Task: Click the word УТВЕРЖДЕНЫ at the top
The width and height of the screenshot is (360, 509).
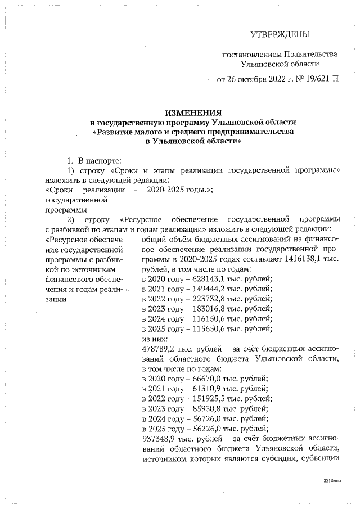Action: coord(280,35)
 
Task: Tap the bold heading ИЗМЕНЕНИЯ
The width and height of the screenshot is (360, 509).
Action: coord(193,112)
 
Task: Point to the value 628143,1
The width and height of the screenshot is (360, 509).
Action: coord(200,278)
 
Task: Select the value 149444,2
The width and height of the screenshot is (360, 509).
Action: coord(200,289)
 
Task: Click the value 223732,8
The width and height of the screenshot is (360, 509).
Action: coord(200,299)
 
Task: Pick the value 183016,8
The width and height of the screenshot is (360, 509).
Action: coord(200,309)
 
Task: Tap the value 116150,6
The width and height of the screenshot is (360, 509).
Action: coord(200,319)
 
